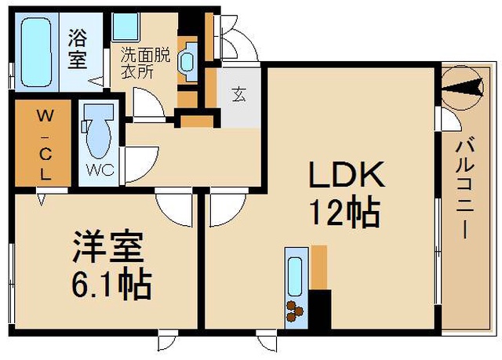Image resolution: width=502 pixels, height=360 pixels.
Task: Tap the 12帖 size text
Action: [x=346, y=213]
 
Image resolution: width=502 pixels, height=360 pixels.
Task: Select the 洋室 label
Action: [x=107, y=246]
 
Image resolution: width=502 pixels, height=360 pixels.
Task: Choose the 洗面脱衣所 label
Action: [x=145, y=64]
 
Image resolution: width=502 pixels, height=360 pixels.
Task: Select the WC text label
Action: [x=100, y=170]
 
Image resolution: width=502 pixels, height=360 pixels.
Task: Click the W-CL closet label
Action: [x=45, y=144]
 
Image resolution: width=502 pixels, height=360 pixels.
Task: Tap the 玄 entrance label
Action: [x=238, y=94]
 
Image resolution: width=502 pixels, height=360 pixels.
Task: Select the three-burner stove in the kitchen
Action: [x=295, y=311]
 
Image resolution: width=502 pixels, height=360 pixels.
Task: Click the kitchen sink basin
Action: [x=295, y=277]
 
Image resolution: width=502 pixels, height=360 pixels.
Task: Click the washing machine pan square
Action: [x=125, y=27]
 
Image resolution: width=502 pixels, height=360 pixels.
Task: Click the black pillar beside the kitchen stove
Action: [x=320, y=310]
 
